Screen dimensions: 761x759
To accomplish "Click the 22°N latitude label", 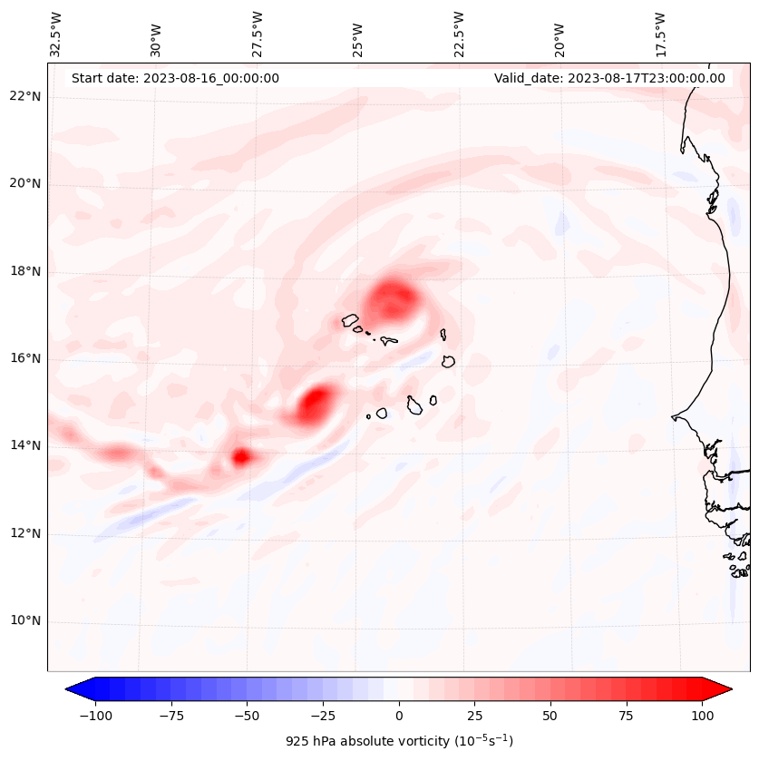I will [25, 96].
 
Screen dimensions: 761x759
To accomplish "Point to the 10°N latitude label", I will [25, 621].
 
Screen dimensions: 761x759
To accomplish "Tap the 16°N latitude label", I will [25, 359].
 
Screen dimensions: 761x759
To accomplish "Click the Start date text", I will [175, 78].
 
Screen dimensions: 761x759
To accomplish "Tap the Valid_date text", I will [609, 78].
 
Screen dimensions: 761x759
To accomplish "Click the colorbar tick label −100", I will [95, 716].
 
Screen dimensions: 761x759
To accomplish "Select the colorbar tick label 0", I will [399, 716].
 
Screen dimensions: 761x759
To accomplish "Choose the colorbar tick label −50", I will [247, 716].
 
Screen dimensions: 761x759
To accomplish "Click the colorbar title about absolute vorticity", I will [399, 741].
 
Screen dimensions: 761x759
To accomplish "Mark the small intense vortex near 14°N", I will [240, 457].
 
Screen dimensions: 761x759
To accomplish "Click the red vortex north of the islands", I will [394, 298].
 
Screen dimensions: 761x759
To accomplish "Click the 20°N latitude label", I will [25, 184].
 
